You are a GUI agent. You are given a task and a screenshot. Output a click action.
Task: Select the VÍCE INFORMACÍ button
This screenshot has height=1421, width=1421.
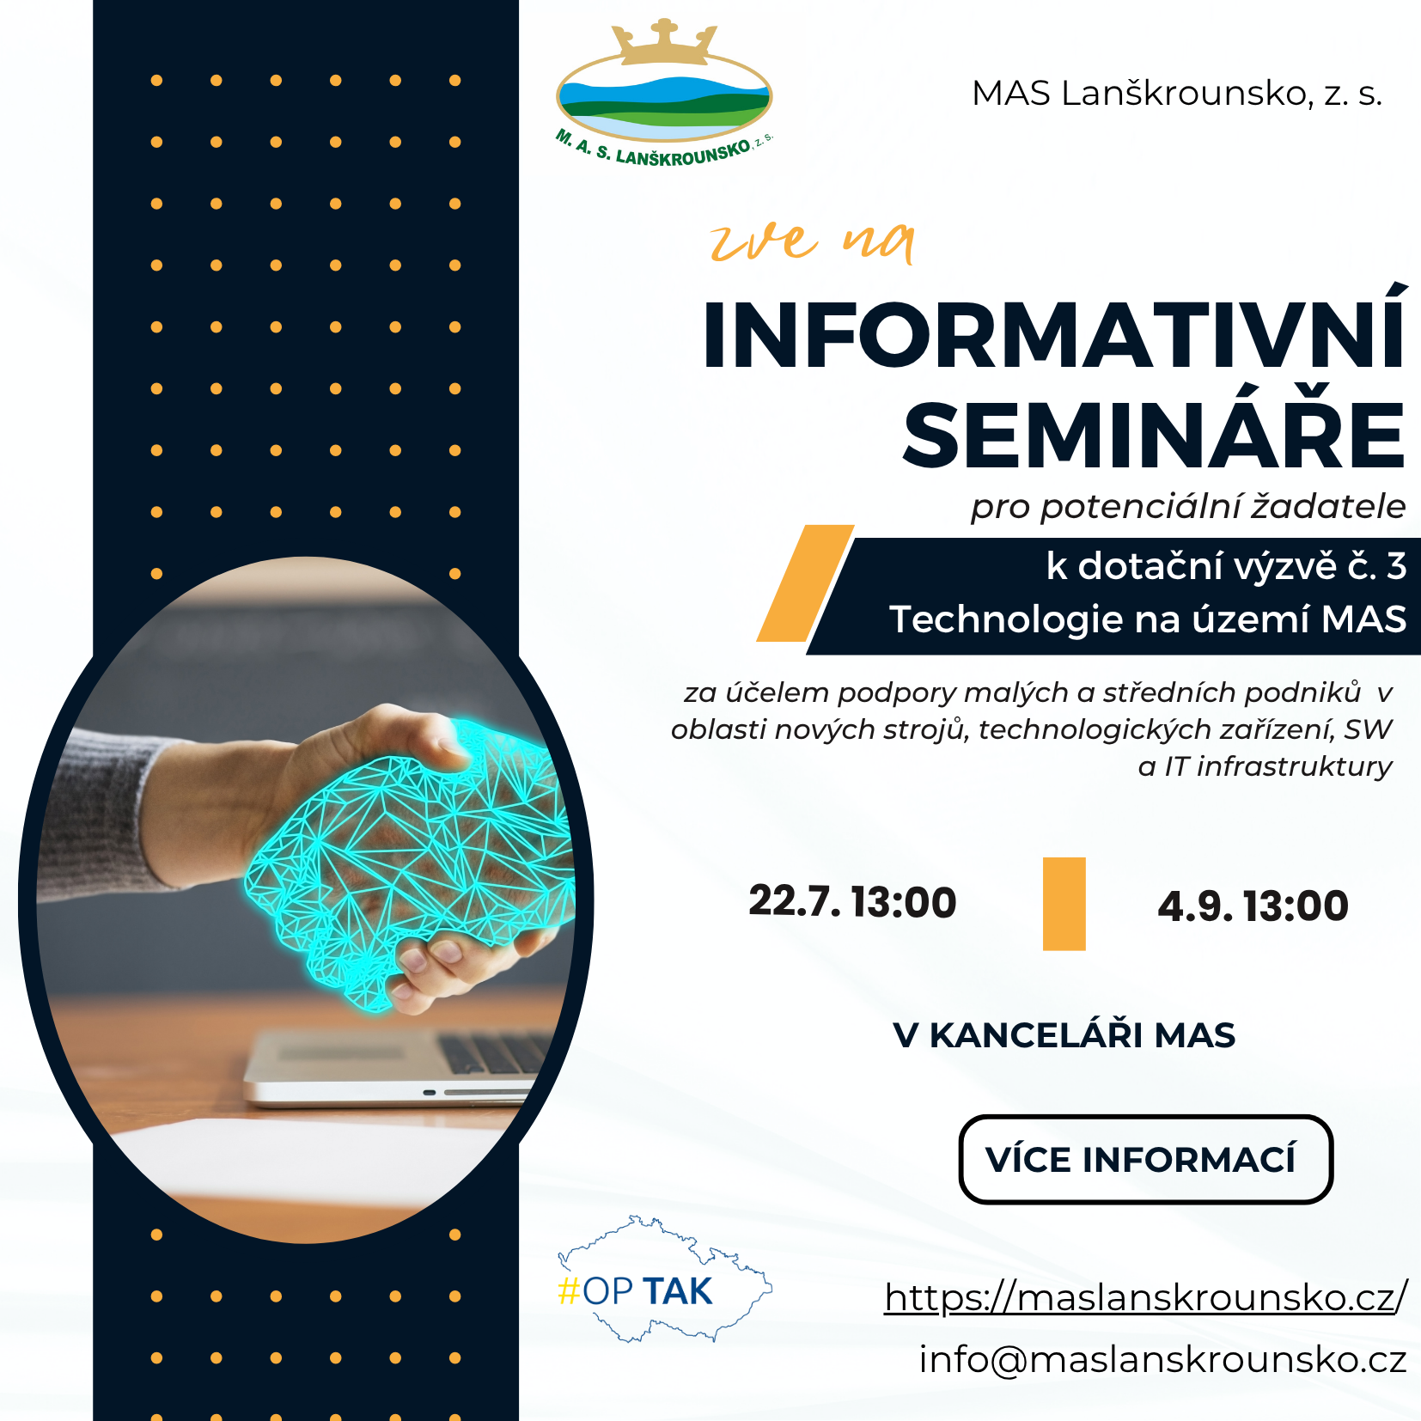1145,1159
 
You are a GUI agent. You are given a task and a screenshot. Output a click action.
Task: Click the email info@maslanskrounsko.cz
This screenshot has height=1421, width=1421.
1162,1359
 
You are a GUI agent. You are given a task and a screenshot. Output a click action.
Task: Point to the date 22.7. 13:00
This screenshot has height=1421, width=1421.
852,902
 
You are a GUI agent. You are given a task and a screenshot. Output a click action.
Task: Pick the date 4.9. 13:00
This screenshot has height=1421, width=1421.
1253,906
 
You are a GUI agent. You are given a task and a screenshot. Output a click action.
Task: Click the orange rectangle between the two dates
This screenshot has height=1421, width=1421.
1064,904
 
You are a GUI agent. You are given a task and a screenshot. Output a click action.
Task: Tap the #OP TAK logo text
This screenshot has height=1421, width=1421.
635,1291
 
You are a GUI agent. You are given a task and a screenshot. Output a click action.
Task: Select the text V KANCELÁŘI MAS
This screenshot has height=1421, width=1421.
1064,1035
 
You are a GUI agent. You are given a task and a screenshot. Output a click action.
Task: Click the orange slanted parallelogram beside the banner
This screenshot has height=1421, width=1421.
805,583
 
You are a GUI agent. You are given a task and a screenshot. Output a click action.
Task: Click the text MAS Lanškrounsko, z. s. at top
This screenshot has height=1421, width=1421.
1177,93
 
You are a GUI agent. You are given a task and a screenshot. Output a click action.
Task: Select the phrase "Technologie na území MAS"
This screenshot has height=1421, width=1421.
1148,619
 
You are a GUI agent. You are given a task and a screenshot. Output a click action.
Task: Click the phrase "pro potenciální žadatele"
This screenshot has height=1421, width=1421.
1188,507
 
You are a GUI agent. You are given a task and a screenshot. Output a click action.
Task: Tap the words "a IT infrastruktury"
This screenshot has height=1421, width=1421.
1265,765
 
